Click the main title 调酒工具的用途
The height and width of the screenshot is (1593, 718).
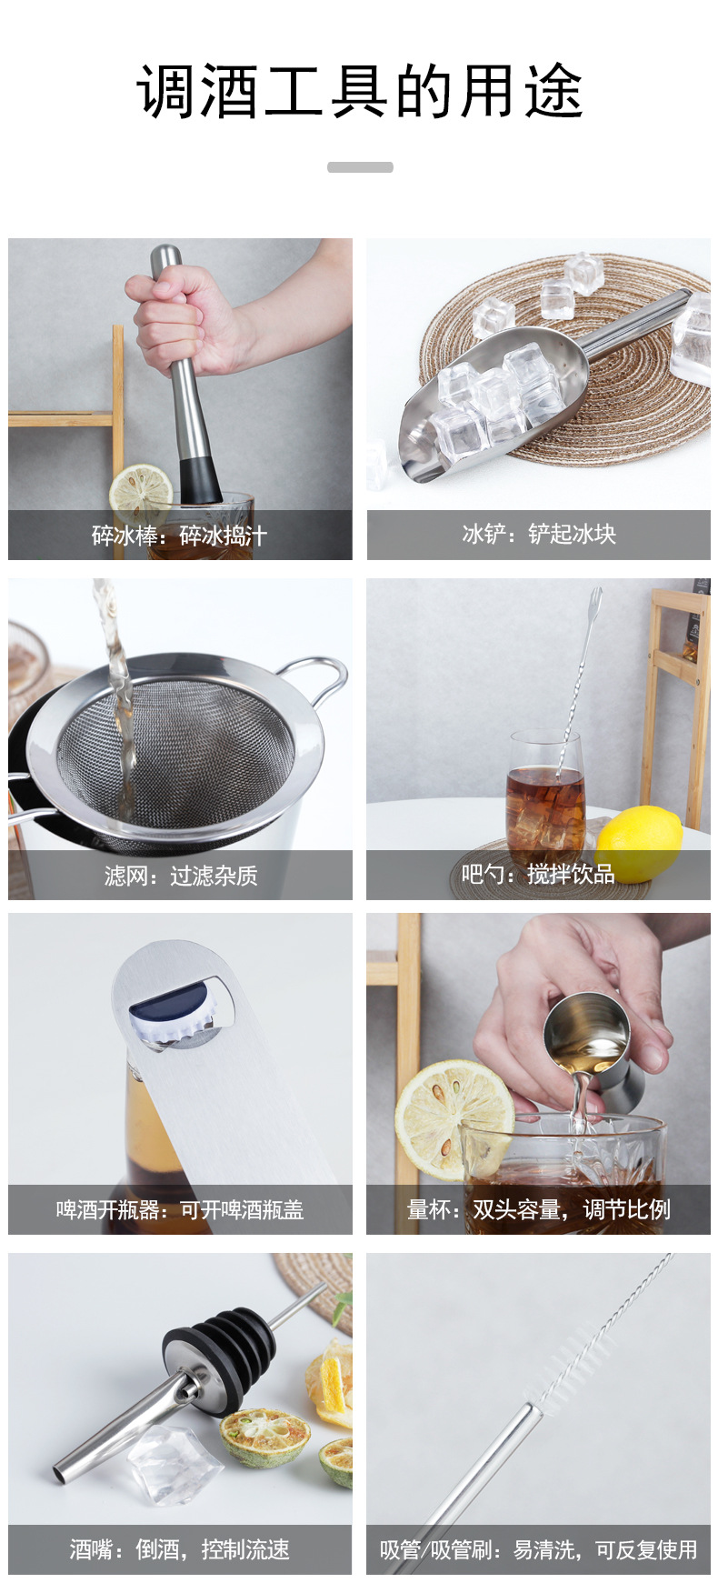click(359, 92)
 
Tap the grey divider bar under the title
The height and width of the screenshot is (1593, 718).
click(360, 167)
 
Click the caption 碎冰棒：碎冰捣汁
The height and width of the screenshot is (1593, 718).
click(180, 536)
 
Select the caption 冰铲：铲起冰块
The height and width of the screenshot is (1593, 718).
click(538, 534)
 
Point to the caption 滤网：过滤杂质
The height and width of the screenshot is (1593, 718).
click(180, 876)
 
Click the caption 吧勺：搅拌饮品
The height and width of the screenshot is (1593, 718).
click(538, 874)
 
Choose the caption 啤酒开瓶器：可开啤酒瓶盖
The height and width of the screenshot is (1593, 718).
click(180, 1210)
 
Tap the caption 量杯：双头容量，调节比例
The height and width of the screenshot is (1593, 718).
click(538, 1209)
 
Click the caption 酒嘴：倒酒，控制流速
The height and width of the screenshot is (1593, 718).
click(180, 1549)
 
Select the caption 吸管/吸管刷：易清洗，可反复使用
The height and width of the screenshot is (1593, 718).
click(538, 1549)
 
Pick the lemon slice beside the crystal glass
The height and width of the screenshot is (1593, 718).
click(450, 1118)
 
